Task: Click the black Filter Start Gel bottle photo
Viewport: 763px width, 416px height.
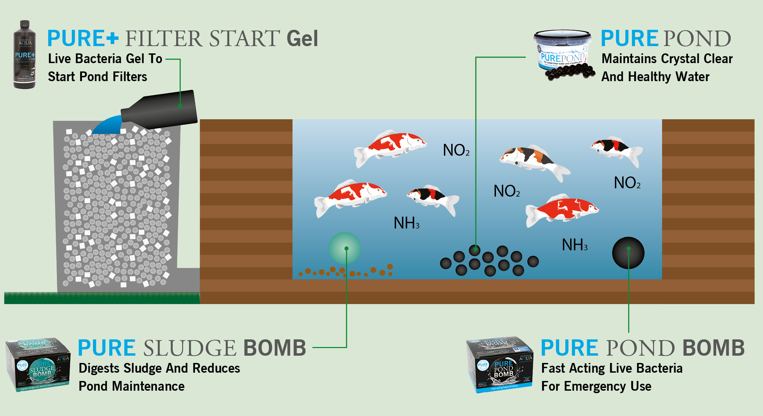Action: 25,55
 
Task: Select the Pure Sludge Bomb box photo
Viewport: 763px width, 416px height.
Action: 38,365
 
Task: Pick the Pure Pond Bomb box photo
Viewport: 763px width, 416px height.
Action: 500,365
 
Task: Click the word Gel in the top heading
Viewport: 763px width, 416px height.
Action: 302,38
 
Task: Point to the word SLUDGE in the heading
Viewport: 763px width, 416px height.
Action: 190,348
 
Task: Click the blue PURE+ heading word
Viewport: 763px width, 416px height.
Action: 83,38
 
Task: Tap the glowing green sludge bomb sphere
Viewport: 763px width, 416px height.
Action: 345,248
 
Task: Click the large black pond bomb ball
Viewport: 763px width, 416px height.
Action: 628,253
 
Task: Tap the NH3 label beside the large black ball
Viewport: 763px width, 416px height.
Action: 575,245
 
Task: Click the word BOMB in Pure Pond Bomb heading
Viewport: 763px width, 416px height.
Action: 713,348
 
